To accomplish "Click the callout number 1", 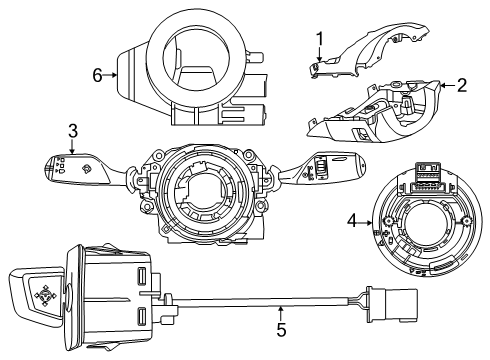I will [x=320, y=39].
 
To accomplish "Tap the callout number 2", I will [x=462, y=86].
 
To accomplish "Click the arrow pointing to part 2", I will [x=447, y=86].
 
